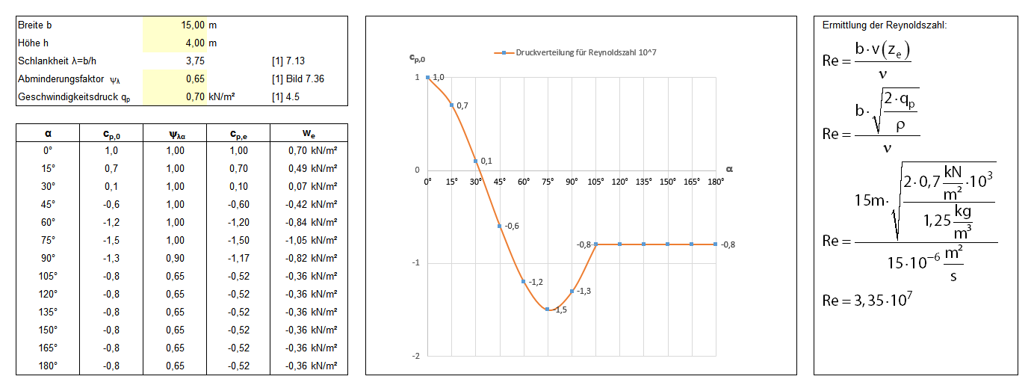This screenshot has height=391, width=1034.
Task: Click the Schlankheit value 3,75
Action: click(195, 61)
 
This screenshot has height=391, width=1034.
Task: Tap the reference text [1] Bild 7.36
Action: click(298, 78)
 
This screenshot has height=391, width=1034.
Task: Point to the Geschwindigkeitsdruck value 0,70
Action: click(195, 96)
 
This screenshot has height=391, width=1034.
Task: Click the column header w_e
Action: click(309, 134)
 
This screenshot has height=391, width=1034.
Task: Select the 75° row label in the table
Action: click(48, 240)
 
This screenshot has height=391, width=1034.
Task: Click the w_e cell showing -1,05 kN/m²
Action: click(312, 240)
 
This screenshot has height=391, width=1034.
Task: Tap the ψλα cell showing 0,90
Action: click(176, 258)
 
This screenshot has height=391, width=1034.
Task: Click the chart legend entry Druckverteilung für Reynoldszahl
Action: click(575, 52)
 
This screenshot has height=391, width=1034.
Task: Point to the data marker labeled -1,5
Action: click(548, 309)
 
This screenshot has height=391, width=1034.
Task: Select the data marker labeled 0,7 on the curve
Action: click(451, 105)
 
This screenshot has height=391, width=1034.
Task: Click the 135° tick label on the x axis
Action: click(643, 181)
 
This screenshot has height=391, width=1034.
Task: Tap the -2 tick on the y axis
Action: click(417, 356)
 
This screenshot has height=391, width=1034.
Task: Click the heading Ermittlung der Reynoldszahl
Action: click(884, 25)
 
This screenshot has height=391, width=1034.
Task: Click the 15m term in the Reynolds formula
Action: click(873, 200)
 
